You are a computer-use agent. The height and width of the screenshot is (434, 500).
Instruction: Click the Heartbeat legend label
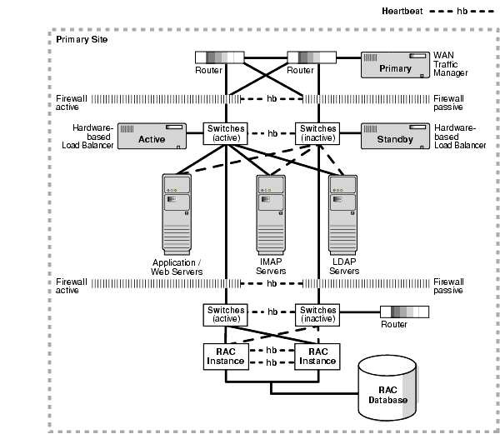coord(405,11)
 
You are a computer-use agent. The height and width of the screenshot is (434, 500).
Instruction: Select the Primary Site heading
coord(81,39)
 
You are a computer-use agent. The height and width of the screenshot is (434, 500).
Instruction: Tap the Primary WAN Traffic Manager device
coord(394,66)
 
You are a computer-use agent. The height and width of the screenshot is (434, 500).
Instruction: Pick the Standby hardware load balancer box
coord(394,137)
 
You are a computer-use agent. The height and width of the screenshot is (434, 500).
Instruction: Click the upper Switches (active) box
coord(224,133)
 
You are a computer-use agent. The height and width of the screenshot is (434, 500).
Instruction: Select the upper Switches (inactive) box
coord(317,133)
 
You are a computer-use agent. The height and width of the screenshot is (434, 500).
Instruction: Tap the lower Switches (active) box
coord(224,315)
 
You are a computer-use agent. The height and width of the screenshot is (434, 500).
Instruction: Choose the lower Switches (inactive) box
coord(317,315)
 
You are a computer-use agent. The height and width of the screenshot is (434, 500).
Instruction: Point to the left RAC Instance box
coord(224,356)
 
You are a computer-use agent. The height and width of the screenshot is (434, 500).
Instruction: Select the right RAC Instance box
coord(317,356)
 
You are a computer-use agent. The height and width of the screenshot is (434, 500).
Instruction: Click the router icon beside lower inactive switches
coord(404,312)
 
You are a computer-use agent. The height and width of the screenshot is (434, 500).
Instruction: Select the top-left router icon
coord(218,58)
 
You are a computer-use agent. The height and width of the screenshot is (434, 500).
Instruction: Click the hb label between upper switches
coord(271,133)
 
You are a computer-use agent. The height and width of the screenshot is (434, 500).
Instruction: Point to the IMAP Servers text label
coord(271,267)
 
